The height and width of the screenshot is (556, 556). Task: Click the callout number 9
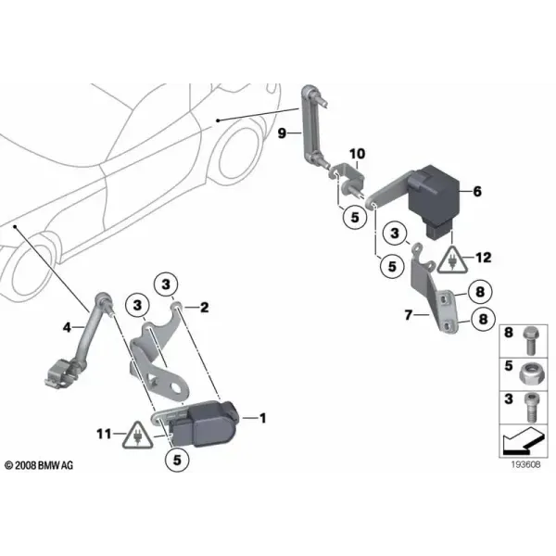(x=282, y=133)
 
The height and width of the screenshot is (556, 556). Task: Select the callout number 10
(x=357, y=154)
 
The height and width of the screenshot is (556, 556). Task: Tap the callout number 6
(x=477, y=192)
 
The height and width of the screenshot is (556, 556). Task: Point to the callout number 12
(x=484, y=258)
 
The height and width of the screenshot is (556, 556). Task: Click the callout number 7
(x=409, y=314)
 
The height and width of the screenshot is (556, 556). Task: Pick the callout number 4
(x=67, y=327)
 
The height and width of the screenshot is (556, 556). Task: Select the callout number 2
(x=205, y=308)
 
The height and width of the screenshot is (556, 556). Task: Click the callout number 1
(x=263, y=419)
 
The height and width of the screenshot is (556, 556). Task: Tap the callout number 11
(x=104, y=434)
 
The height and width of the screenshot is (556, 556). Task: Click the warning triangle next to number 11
(x=137, y=436)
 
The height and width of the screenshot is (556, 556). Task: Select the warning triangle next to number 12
(x=452, y=259)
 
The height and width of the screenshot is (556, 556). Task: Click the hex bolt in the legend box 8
(x=531, y=340)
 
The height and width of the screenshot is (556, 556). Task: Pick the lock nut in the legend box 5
(x=530, y=374)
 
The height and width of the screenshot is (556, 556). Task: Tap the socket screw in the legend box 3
(x=531, y=408)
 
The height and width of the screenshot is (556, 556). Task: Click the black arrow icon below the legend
(x=524, y=441)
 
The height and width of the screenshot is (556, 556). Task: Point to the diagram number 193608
(x=525, y=464)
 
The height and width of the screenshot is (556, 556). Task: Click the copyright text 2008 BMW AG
(x=39, y=465)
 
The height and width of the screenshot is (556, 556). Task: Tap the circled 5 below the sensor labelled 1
(x=177, y=460)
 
